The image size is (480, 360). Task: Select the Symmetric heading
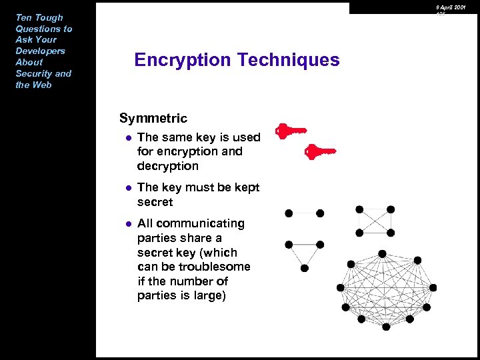[x=153, y=119]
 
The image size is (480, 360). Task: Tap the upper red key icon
[x=291, y=131]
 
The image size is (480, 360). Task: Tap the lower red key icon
[x=320, y=153]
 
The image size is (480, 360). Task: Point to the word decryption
[x=168, y=166]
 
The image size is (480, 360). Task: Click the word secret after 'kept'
[x=155, y=202]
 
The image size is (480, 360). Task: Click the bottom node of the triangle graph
[x=305, y=268]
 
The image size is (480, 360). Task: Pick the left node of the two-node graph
[x=289, y=213]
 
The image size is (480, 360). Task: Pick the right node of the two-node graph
[x=320, y=213]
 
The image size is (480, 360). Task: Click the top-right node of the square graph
[x=391, y=209]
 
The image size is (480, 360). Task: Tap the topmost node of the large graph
[x=382, y=253]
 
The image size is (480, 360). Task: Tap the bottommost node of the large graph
[x=386, y=327]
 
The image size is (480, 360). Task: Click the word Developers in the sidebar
[x=41, y=51]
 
